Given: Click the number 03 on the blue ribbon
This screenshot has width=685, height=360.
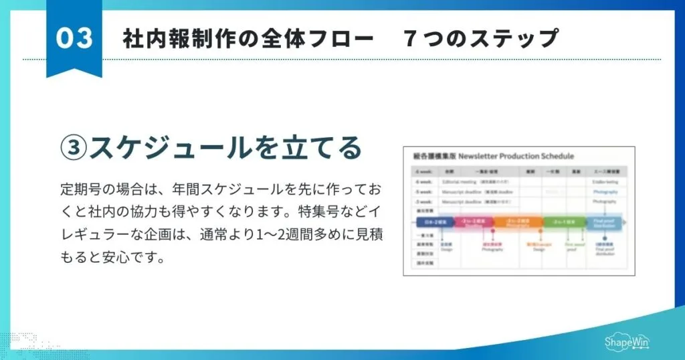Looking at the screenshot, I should tap(74, 38).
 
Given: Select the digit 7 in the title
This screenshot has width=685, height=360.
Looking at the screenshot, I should tap(409, 39).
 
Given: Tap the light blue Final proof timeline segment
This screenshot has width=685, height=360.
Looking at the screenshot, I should tap(603, 221).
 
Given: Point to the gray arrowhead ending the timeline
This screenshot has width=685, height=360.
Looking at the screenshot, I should tap(625, 221).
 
